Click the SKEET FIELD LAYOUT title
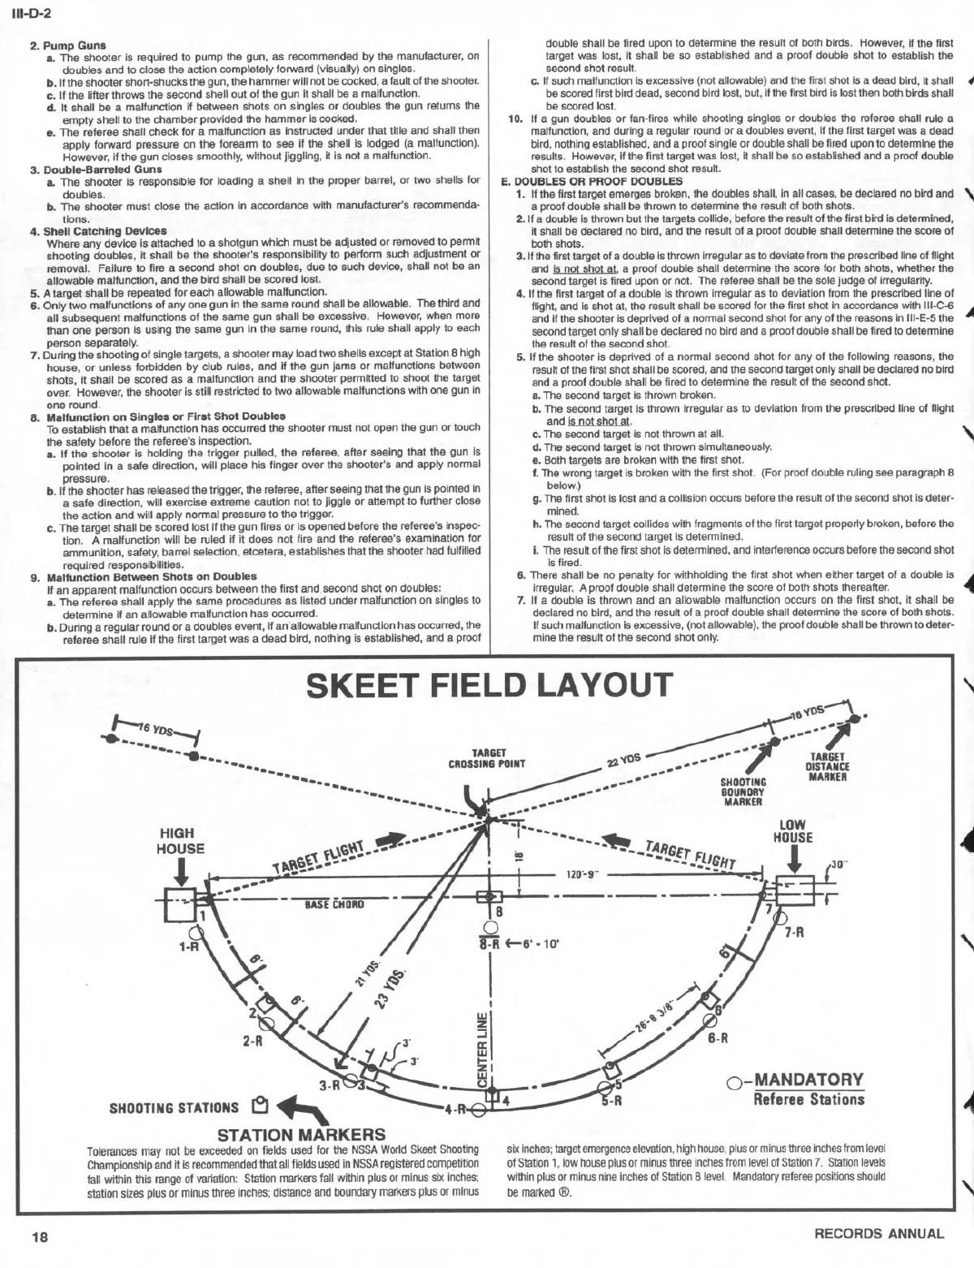click(x=490, y=686)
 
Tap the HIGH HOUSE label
click(x=180, y=841)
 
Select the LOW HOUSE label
click(x=793, y=831)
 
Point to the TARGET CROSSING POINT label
click(x=486, y=758)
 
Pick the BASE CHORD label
click(x=334, y=904)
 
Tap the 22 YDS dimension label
click(x=623, y=761)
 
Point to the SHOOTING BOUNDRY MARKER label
click(x=743, y=791)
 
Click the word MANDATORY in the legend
click(x=809, y=1080)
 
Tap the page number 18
click(x=40, y=1236)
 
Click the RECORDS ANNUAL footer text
click(x=879, y=1234)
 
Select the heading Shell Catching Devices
click(x=105, y=231)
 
